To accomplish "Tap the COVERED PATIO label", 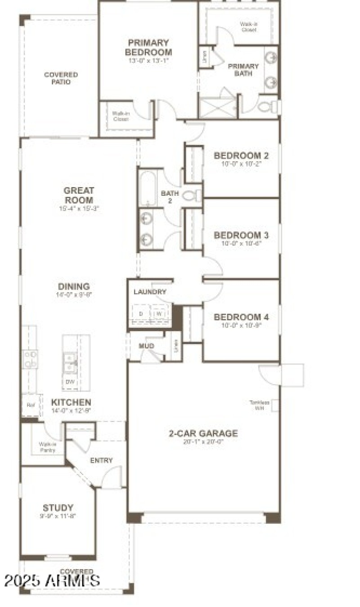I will [x=61, y=78].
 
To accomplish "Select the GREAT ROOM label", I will [x=79, y=195].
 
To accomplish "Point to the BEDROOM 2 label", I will [x=241, y=156].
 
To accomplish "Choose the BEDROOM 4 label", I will [x=241, y=317].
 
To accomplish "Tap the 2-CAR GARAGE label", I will [x=203, y=434].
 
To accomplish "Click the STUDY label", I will [x=58, y=508].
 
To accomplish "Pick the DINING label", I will [x=74, y=287].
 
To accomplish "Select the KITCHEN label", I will [x=71, y=403].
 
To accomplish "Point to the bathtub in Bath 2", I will [x=147, y=188].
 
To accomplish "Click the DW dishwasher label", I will [x=70, y=382].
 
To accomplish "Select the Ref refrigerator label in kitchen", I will [x=31, y=405].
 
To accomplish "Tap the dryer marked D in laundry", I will [x=141, y=314].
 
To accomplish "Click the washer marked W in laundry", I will [x=158, y=314].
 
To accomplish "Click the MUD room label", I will [x=146, y=346].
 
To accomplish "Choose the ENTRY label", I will [x=101, y=460].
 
